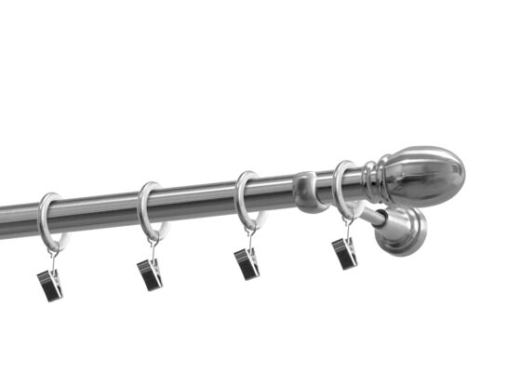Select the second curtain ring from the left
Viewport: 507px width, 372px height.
click(x=144, y=205)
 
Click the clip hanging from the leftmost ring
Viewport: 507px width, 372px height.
click(x=49, y=285)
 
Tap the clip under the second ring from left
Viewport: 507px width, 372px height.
click(x=149, y=273)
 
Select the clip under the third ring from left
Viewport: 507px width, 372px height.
click(x=247, y=264)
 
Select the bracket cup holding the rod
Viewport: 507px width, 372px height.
click(x=309, y=191)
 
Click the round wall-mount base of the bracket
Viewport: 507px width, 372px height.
click(x=402, y=231)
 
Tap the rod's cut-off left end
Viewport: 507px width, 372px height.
click(x=5, y=220)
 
